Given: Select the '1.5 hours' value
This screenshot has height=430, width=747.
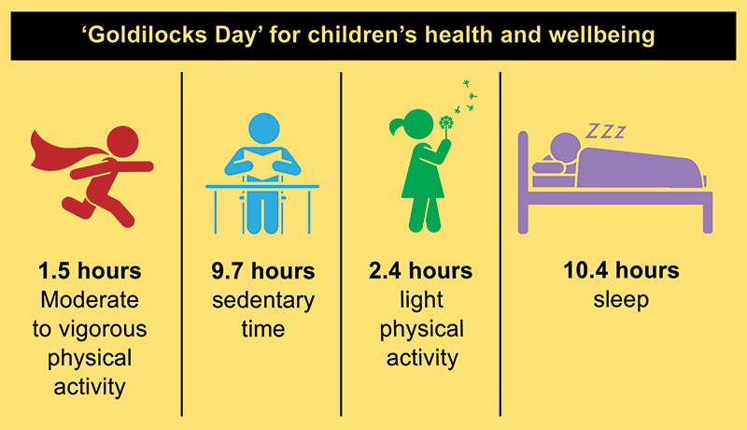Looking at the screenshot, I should coord(91,272).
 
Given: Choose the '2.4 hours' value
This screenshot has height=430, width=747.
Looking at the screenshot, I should coord(421,272).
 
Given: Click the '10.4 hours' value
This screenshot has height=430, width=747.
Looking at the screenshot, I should coord(620,272).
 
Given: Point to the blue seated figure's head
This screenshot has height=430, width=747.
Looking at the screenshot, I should coord(262,128).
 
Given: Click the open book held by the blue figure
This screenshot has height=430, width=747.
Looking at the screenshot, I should coord(262,164).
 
